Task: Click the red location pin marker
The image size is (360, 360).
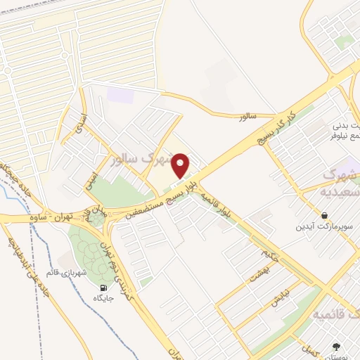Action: click(x=181, y=167)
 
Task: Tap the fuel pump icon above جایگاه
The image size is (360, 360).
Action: click(x=104, y=287)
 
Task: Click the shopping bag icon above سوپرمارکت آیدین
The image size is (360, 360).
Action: click(x=324, y=215)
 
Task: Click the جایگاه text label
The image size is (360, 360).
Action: click(x=103, y=298)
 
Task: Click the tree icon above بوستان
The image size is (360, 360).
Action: click(x=335, y=347)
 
